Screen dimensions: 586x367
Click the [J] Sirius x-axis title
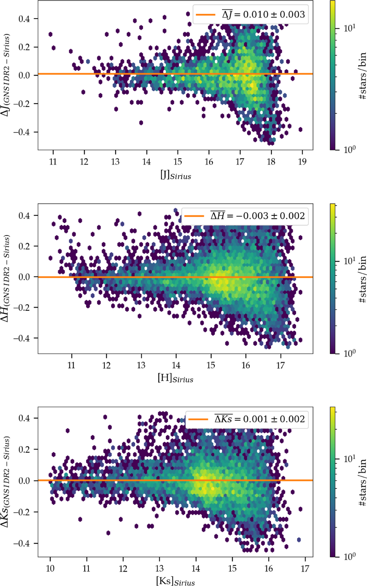coord(176,175)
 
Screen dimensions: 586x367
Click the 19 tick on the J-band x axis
coord(302,161)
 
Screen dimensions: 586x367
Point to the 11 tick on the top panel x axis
coord(53,161)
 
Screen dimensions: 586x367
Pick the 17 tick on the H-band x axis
coord(280,365)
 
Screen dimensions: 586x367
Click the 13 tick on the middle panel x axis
coord(141,365)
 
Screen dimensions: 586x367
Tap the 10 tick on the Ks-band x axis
coord(50,568)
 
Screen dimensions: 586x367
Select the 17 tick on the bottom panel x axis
coord(305,568)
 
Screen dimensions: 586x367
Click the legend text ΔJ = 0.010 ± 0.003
coord(263,14)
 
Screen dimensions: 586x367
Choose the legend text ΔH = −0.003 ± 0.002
coord(258,216)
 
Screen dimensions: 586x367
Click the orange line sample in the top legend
coord(205,14)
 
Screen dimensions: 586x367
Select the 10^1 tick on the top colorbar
coord(349,28)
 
